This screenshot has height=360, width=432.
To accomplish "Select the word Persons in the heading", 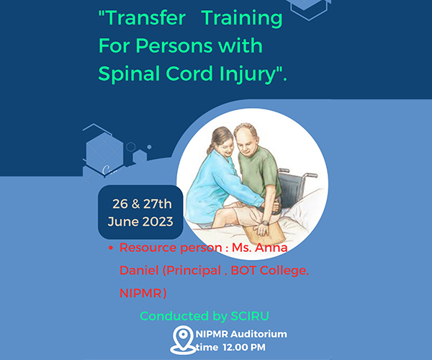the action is coord(174,46).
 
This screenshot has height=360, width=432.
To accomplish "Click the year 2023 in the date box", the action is coord(158,222).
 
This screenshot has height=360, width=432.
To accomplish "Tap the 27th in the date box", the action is coord(157,204).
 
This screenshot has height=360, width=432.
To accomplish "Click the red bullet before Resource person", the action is coord(111,248).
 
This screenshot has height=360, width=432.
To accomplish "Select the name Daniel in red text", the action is coord(139,271).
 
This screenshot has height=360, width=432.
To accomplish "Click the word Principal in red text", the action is coord(194,271).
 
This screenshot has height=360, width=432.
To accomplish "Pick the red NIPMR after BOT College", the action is coord(140,293).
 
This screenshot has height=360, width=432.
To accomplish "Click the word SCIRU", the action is coord(250,316).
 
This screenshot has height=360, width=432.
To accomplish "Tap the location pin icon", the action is coord(182,340).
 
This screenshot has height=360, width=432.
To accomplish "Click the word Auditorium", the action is coord(258,334).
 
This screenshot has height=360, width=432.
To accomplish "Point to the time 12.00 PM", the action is coord(244,347).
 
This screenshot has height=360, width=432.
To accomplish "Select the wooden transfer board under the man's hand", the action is coord(264,233).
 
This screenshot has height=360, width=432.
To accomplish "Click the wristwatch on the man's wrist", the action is coord(265,222).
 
